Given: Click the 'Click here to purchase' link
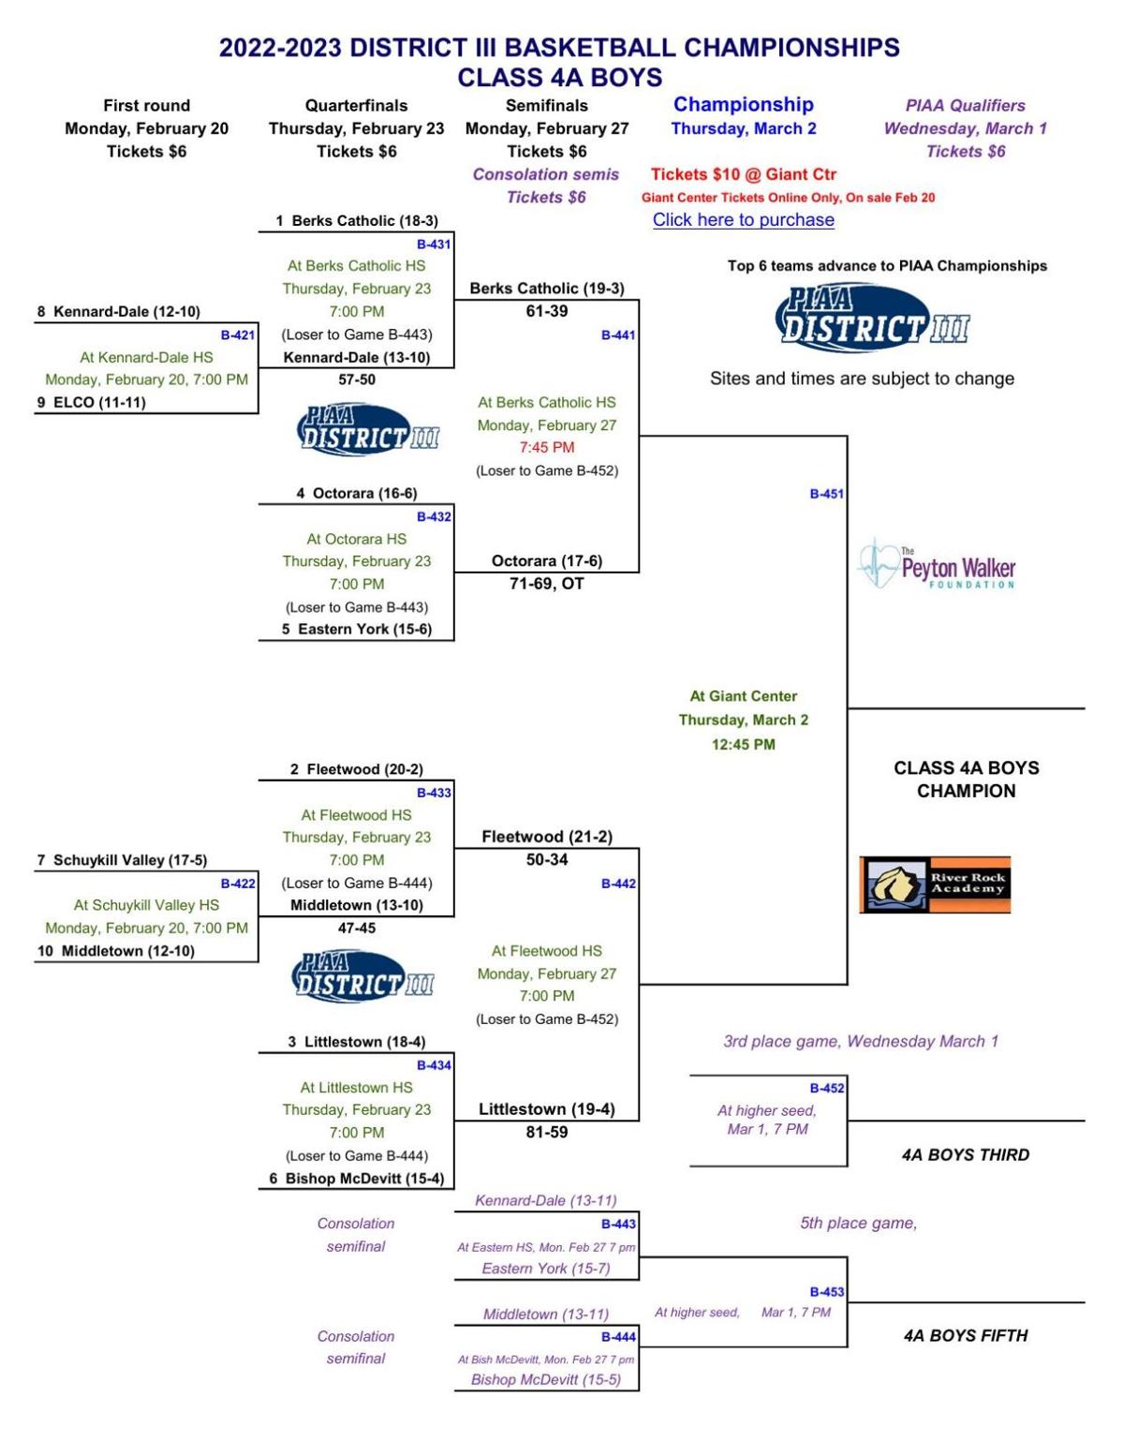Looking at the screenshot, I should click(743, 220).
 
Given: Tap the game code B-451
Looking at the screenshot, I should click(826, 494).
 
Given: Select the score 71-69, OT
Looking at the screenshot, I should click(546, 584).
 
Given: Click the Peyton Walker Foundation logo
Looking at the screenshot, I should click(937, 565).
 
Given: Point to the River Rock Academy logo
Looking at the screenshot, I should click(935, 884).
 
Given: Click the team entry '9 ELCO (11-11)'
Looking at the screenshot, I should click(92, 403).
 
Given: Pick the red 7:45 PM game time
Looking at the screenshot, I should click(547, 448).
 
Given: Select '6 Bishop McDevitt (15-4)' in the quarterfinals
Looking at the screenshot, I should click(357, 1179).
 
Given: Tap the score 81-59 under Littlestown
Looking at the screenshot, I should click(546, 1132).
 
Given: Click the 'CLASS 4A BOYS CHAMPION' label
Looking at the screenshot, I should click(966, 780).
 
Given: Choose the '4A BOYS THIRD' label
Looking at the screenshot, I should click(965, 1155).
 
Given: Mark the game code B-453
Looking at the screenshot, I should click(826, 1292).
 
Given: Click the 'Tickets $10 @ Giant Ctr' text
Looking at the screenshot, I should click(743, 174).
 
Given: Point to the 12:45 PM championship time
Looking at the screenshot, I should click(743, 745).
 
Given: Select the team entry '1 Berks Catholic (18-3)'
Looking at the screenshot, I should click(357, 221).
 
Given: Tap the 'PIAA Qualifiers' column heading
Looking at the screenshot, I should click(965, 106).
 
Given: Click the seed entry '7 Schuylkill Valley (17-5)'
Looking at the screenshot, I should click(122, 860).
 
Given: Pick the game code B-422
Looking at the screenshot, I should click(237, 884).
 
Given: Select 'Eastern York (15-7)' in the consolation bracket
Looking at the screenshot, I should click(546, 1269).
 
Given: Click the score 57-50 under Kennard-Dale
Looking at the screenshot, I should click(357, 379).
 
